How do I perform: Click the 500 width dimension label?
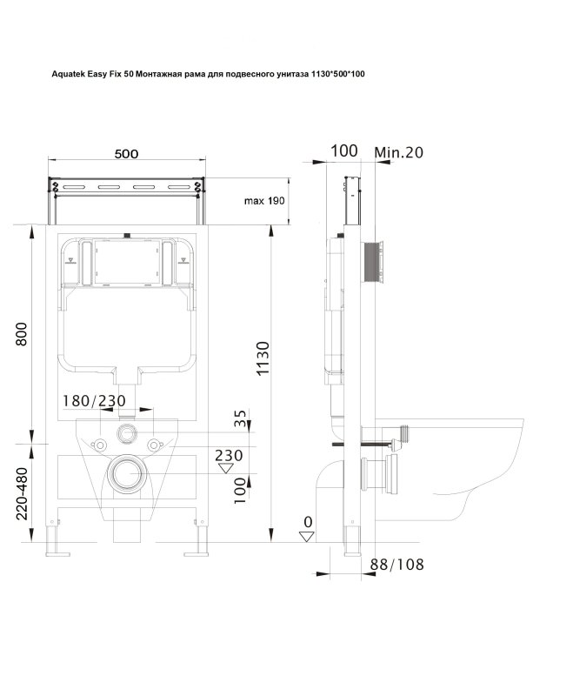click(126, 154)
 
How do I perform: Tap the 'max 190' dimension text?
click(264, 201)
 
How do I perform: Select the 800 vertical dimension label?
click(21, 334)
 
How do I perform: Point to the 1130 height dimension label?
click(263, 358)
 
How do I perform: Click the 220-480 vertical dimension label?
click(22, 493)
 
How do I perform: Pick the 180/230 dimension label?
click(94, 401)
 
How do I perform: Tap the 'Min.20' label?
click(399, 153)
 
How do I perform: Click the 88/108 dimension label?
click(397, 565)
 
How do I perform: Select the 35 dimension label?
click(240, 418)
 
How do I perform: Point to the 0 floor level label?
click(308, 522)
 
